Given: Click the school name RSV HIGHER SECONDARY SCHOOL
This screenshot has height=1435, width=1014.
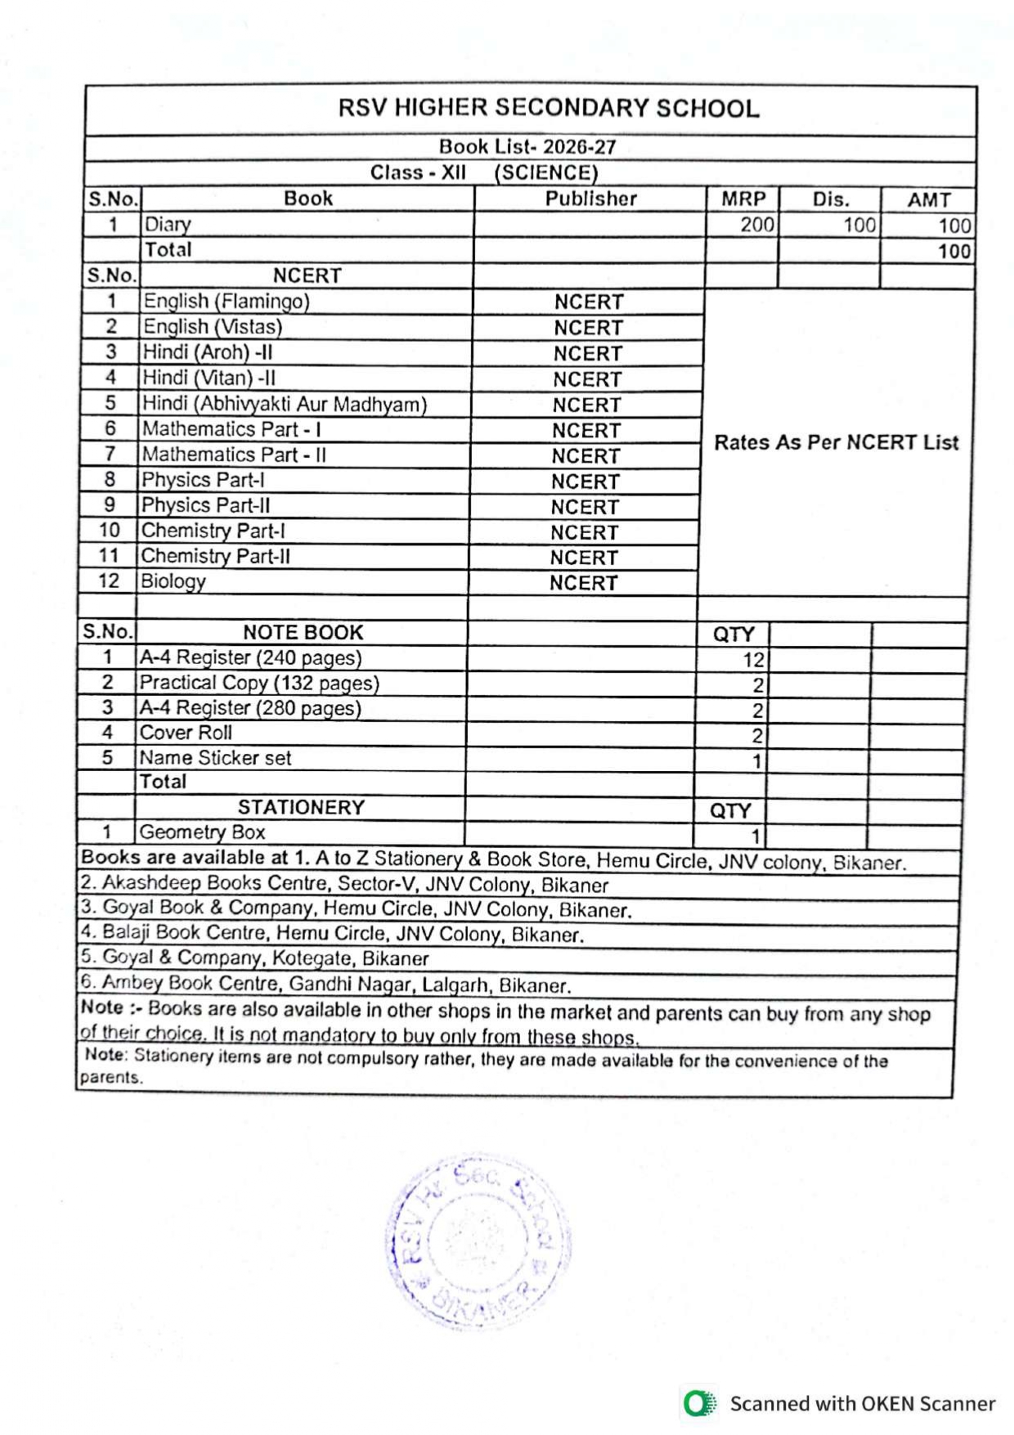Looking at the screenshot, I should coord(549,109).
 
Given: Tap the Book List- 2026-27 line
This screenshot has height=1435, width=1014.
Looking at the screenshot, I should coord(527,147).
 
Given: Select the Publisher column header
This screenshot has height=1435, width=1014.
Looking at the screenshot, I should coord(590,199).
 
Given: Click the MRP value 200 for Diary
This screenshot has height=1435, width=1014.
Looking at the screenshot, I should coord(756,225).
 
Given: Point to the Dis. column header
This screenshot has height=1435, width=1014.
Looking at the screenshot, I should coord(831,200).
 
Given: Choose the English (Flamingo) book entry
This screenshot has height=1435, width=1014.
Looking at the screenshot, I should coord(227,302).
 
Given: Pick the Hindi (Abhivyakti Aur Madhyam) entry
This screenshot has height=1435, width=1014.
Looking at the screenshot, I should coord(285,404).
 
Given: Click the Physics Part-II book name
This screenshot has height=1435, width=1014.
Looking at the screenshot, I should coord(205,505).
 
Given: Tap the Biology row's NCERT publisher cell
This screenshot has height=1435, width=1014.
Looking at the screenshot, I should coord(583,583).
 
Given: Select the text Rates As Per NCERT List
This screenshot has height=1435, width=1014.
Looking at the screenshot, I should coord(836,442).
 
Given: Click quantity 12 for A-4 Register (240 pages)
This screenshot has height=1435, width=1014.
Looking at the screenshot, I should coord(752,660).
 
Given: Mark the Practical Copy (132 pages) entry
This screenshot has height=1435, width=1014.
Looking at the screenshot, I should coord(259,683).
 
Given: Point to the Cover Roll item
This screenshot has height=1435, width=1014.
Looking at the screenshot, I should coord(186,733).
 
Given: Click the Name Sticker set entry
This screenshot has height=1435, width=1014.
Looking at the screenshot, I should coord(215,758).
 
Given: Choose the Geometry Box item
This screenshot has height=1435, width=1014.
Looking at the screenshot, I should coord(202,832).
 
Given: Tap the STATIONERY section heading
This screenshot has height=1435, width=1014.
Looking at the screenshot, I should coord(301,807).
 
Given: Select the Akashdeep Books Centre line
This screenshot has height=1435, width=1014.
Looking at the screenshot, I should coord(344,884).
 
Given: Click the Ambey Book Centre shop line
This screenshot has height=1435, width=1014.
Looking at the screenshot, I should coord(325,984).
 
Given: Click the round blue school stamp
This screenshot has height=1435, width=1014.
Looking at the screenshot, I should coord(478,1241).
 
